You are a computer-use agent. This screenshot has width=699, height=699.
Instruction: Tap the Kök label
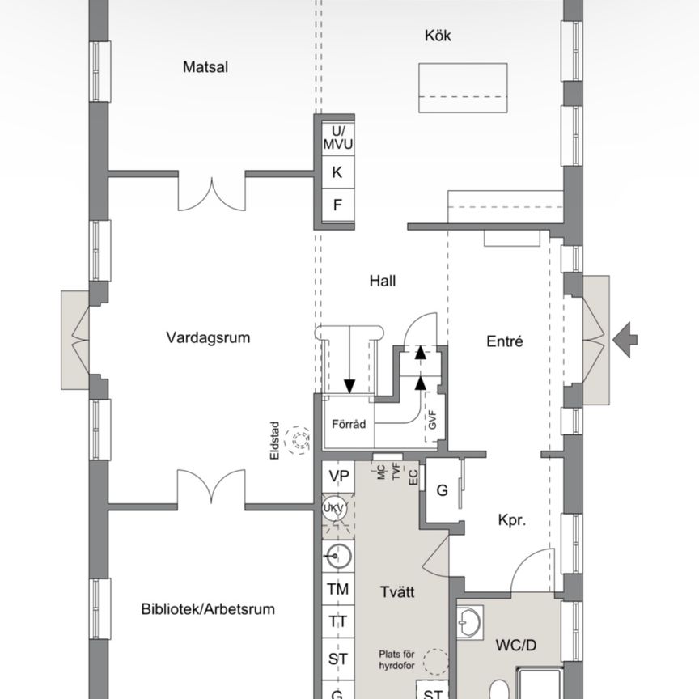click(x=437, y=36)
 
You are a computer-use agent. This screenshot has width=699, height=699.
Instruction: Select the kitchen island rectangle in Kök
click(x=463, y=88)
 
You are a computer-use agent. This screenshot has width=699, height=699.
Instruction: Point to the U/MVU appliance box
click(x=338, y=138)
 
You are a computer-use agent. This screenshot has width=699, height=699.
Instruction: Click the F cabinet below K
click(x=338, y=205)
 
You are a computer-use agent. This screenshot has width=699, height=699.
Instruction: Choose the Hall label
click(x=383, y=282)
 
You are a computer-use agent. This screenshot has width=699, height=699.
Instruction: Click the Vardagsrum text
click(x=208, y=337)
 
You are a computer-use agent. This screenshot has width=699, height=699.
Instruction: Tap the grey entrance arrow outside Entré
click(x=625, y=337)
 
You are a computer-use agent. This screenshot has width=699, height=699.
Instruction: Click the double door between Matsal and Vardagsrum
click(x=211, y=191)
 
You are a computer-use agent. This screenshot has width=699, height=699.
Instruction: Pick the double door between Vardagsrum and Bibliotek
click(x=211, y=489)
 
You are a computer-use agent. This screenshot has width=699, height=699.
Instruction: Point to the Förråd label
click(x=349, y=424)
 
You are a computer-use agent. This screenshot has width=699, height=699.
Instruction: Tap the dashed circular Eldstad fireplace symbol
click(x=301, y=439)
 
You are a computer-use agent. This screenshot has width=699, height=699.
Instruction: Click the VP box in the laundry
click(x=338, y=477)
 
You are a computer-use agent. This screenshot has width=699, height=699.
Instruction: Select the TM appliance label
click(x=338, y=590)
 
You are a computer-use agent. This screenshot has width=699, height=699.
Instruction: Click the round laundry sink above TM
click(x=338, y=556)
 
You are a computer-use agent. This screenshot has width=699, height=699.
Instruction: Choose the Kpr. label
click(x=512, y=522)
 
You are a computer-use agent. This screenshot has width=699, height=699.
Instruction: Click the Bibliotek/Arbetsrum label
click(x=208, y=609)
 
